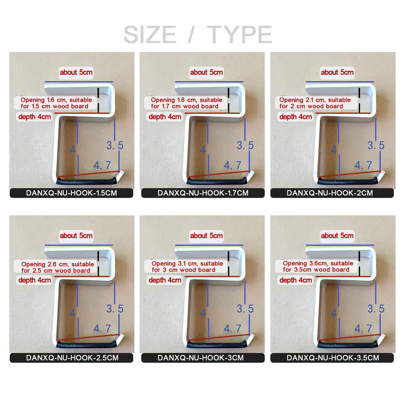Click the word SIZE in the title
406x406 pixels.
pyautogui.click(x=150, y=35)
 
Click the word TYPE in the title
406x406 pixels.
pyautogui.click(x=240, y=35)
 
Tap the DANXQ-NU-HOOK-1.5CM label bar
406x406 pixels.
pyautogui.click(x=71, y=193)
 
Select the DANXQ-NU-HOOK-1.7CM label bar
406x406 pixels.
pyautogui.click(x=203, y=193)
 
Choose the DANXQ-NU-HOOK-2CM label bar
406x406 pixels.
pyautogui.click(x=332, y=193)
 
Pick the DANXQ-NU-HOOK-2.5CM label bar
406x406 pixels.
pyautogui.click(x=71, y=358)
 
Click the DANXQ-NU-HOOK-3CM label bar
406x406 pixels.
pyautogui.click(x=203, y=358)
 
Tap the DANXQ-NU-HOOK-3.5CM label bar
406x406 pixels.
pyautogui.click(x=332, y=358)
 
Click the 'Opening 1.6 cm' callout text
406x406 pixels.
pyautogui.click(x=56, y=103)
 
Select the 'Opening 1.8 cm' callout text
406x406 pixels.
pyautogui.click(x=186, y=103)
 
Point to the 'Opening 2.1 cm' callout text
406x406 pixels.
pyautogui.click(x=315, y=103)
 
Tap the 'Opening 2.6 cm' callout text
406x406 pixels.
pyautogui.click(x=58, y=267)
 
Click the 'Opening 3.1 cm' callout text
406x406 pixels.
pyautogui.click(x=187, y=266)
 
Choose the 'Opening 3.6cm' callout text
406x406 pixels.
pyautogui.click(x=318, y=266)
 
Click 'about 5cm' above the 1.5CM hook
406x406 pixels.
pyautogui.click(x=76, y=72)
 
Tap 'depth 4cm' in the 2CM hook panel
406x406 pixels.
pyautogui.click(x=296, y=117)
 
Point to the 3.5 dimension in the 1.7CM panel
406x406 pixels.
pyautogui.click(x=245, y=145)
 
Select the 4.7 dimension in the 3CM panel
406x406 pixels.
pyautogui.click(x=233, y=328)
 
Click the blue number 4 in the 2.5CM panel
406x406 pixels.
pyautogui.click(x=73, y=313)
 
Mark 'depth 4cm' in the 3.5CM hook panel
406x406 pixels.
pyautogui.click(x=296, y=280)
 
